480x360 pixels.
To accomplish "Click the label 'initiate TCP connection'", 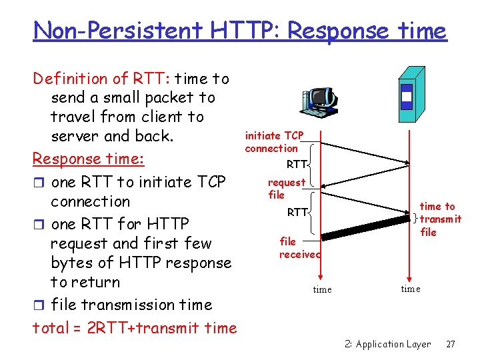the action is [x=273, y=141].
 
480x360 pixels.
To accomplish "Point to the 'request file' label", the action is [x=286, y=189].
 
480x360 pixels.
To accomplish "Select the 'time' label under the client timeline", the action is [x=323, y=289].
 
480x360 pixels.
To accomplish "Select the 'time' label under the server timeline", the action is [x=411, y=289].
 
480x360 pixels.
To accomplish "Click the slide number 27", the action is [x=450, y=344].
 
